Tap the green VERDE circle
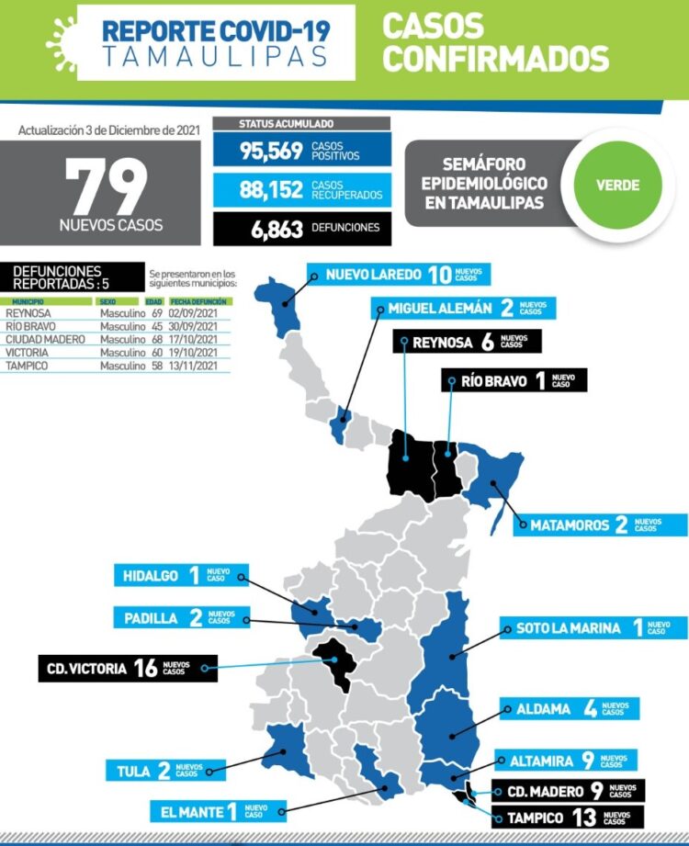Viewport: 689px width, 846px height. coord(617,185)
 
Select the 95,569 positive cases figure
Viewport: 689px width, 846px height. coord(272,152)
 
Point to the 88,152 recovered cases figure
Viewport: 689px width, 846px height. coord(272,190)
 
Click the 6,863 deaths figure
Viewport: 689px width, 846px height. coord(277,229)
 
